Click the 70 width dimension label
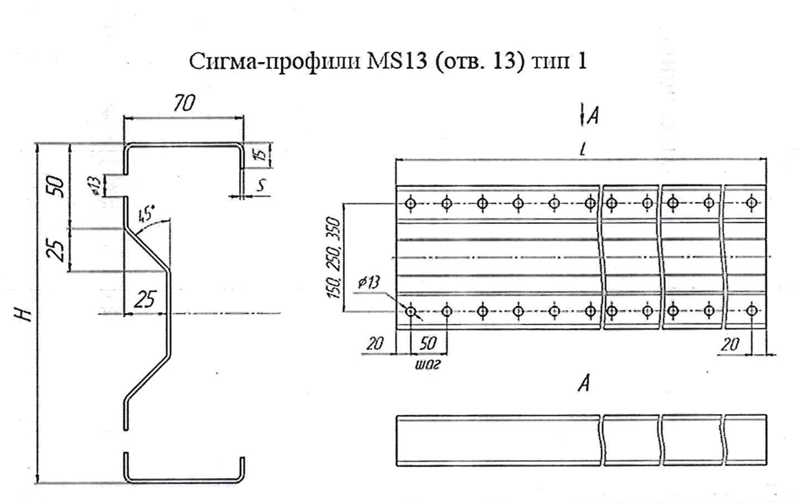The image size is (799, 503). click(x=183, y=104)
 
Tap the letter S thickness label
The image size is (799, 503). click(x=262, y=185)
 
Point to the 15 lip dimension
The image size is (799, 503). click(x=260, y=156)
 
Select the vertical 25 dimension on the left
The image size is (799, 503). click(x=57, y=249)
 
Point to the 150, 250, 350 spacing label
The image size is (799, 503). click(x=334, y=258)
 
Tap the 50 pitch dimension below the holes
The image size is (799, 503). click(x=428, y=344)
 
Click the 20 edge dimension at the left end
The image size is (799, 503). click(x=375, y=344)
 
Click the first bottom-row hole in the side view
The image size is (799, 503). click(x=411, y=310)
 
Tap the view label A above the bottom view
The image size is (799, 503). click(x=585, y=383)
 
